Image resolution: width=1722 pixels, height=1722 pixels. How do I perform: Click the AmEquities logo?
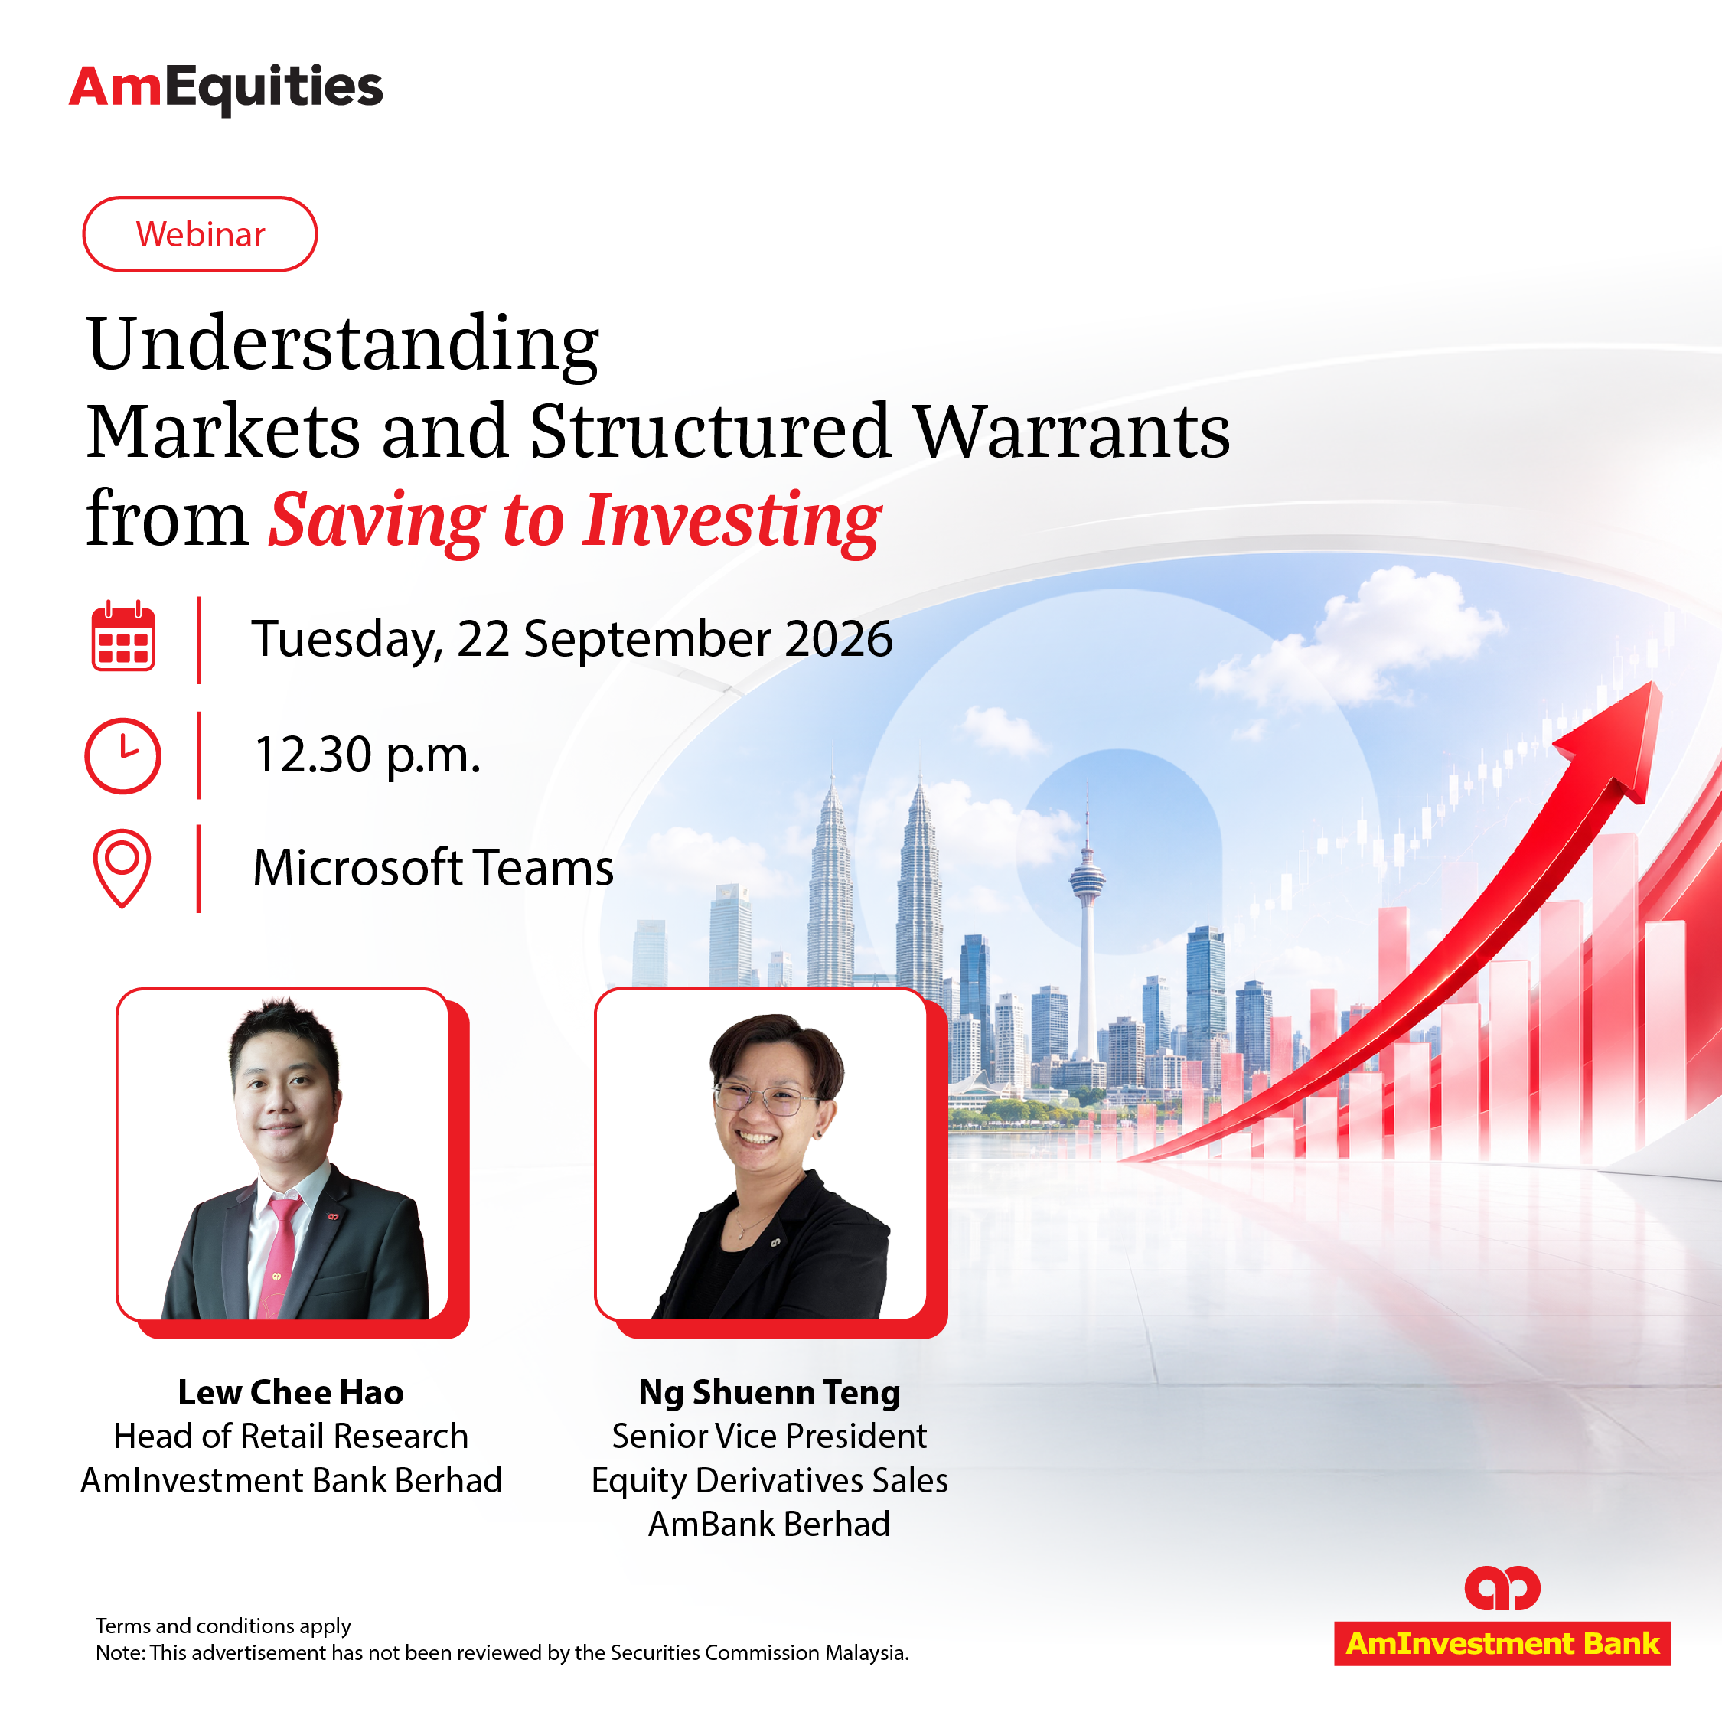coord(226,88)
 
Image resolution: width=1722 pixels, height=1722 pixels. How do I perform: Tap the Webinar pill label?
coord(200,233)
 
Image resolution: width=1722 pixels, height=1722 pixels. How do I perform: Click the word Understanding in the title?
coord(343,346)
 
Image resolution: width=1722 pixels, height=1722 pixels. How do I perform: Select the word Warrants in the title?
coord(1072,432)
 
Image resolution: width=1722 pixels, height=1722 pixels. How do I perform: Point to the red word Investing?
coord(732,521)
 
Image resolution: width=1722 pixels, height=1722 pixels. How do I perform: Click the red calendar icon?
coord(123,637)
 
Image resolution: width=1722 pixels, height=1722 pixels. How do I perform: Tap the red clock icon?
coord(123,756)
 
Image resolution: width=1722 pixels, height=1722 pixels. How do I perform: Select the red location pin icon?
coord(122,868)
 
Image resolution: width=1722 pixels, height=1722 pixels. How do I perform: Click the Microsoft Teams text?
coord(433,867)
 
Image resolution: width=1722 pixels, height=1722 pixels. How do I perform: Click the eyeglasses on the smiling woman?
coord(763,1098)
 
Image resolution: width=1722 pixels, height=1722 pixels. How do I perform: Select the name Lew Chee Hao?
coord(291,1392)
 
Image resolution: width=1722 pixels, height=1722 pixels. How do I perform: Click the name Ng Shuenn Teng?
coord(769,1392)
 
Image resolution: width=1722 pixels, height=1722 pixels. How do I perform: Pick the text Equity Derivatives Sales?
coord(769,1480)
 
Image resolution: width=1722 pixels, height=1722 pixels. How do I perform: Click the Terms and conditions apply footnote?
coord(223,1626)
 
